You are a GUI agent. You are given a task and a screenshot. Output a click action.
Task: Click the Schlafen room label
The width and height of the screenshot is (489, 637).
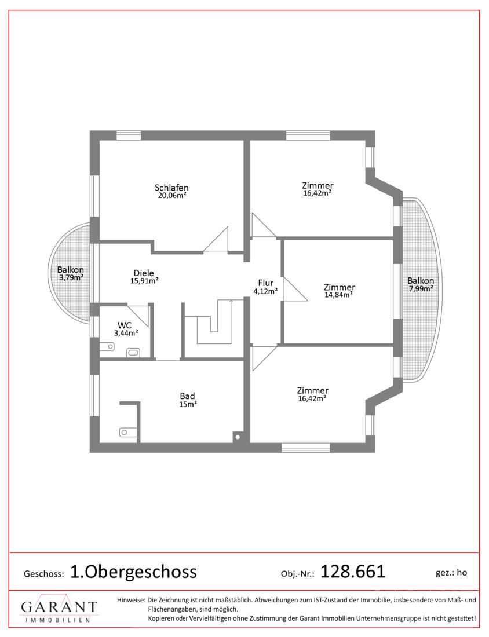[171, 188]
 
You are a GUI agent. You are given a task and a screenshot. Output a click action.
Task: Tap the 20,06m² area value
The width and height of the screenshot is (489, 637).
[172, 195]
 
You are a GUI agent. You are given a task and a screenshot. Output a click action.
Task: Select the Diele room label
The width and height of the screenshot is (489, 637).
[144, 273]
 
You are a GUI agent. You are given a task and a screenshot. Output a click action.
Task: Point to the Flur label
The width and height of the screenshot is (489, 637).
[266, 283]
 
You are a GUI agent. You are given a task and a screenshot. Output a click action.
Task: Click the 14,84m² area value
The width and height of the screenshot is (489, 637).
[338, 295]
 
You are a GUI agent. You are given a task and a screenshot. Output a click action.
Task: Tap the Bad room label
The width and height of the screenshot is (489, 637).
[187, 396]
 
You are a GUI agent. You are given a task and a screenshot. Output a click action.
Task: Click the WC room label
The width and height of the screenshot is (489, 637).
[125, 325]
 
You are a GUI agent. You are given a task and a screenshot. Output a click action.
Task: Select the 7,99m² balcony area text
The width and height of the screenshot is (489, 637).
[421, 288]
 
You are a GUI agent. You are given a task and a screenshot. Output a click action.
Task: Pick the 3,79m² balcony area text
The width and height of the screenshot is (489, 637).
[71, 277]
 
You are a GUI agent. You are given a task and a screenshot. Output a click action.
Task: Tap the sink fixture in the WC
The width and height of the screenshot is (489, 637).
[133, 352]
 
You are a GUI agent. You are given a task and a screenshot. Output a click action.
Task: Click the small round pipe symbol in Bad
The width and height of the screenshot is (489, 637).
[238, 438]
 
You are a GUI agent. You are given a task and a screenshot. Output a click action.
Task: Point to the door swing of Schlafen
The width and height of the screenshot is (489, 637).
[216, 240]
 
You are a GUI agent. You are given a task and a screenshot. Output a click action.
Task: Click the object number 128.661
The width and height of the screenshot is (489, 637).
[353, 572]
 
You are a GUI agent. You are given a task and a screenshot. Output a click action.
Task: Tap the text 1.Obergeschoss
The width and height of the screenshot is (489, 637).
[134, 572]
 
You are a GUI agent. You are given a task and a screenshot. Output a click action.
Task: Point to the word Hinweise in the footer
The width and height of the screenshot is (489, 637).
[131, 599]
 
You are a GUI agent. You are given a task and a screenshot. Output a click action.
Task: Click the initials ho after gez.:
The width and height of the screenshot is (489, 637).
[462, 573]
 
